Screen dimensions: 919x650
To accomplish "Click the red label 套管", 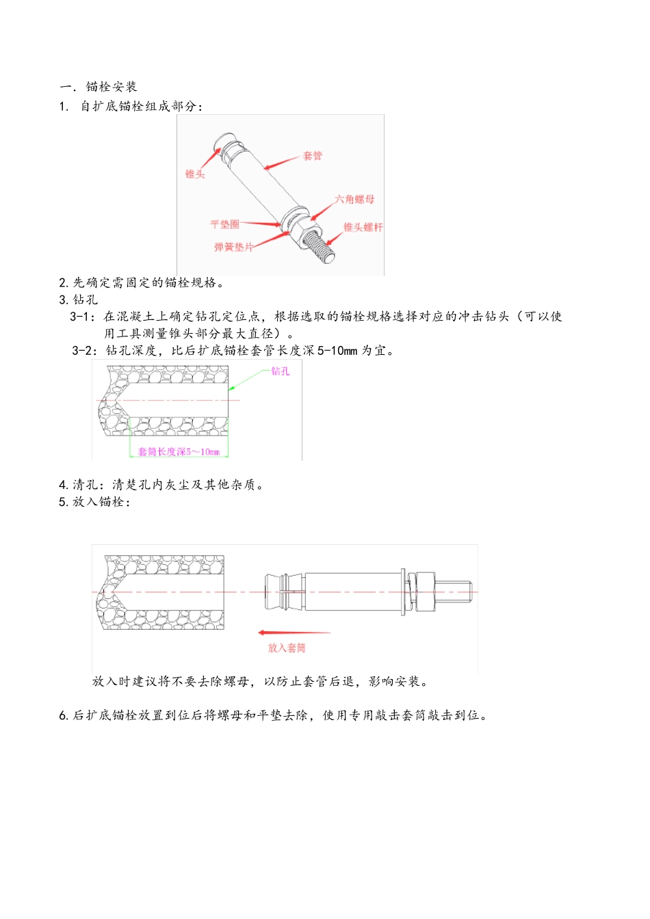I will [x=312, y=156].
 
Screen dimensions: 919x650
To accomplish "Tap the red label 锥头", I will [x=194, y=174].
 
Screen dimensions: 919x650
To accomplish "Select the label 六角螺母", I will [x=354, y=200].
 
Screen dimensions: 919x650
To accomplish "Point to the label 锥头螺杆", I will [x=363, y=227].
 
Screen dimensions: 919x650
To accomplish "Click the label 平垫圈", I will [x=224, y=224].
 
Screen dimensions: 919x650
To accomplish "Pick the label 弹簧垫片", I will [x=233, y=247].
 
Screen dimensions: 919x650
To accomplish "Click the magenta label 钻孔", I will [x=281, y=371].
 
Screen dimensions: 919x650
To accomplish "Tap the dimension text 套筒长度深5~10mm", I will [x=179, y=452].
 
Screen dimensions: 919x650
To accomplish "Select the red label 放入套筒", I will [x=287, y=648].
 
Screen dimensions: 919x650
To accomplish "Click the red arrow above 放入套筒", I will [x=293, y=632].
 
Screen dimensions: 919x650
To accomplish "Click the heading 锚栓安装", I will [x=112, y=87].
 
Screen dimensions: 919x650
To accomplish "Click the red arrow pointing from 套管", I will [x=281, y=163].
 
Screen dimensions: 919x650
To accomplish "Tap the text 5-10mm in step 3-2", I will [x=337, y=351].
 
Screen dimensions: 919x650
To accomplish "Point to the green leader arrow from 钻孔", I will [x=246, y=379].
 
